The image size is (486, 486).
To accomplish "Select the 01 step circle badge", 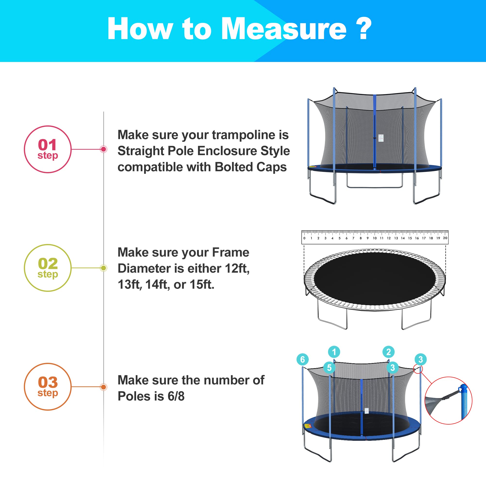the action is click(x=48, y=149).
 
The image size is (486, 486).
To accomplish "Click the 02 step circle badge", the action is click(x=48, y=268).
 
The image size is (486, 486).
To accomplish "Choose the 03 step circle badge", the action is click(x=48, y=387).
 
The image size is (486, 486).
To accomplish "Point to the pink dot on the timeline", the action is click(x=103, y=149).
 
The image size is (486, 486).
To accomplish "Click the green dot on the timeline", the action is click(x=103, y=268).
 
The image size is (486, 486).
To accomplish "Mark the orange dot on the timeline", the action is click(x=103, y=387).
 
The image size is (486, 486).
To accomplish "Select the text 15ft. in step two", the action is click(x=202, y=284).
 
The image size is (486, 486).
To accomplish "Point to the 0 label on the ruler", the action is click(x=304, y=238).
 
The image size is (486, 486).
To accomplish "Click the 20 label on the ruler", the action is click(x=445, y=238).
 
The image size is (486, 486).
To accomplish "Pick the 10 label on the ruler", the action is click(x=375, y=238).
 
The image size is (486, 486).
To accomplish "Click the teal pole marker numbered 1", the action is click(x=334, y=352).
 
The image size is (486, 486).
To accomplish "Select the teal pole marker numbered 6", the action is click(x=303, y=359).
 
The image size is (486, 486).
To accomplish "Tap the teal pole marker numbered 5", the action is click(x=329, y=367).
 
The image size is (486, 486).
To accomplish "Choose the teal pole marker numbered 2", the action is click(x=389, y=352).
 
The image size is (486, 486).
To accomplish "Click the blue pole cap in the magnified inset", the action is click(x=463, y=389).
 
